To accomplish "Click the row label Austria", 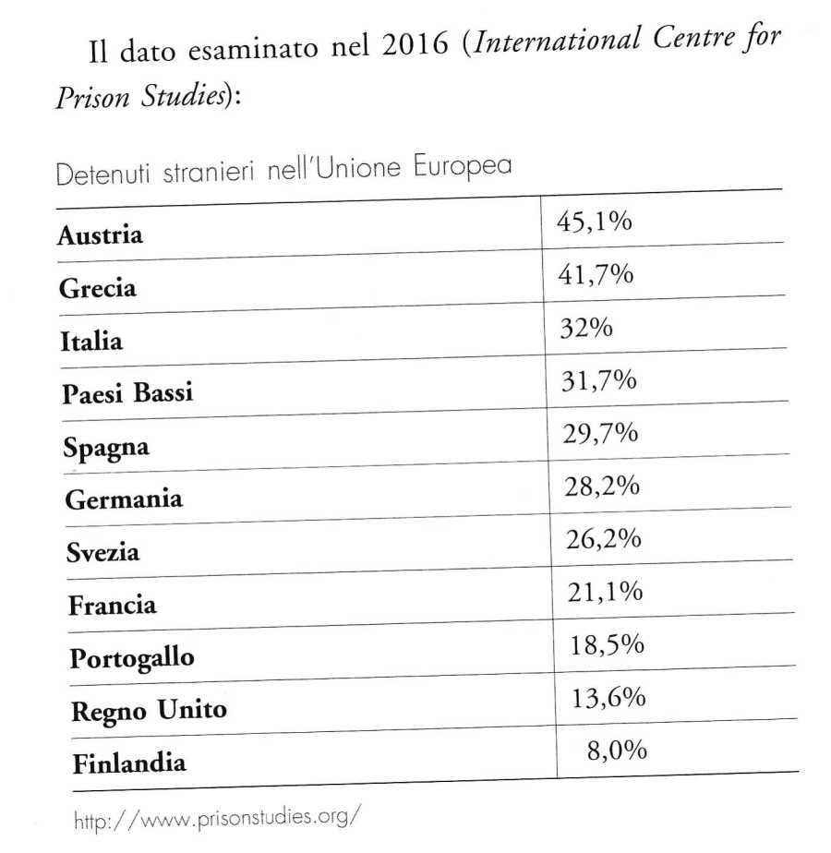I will coord(100,235).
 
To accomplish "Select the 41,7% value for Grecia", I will coord(595,274).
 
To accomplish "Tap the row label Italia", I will coord(90,342).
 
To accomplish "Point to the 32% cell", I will coord(586,328).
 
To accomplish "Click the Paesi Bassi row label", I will coord(127,393).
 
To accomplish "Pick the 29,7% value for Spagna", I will coord(599,434).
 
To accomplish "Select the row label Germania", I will coord(124,499).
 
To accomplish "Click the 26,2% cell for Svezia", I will coord(601,539).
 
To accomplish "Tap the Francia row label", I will coord(112,606).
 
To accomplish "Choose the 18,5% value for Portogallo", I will coord(605,644).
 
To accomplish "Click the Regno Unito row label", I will coord(147,711).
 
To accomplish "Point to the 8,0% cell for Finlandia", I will coord(616,751).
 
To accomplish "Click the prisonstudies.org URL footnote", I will coord(217,817).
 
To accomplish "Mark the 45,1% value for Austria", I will coord(594,222).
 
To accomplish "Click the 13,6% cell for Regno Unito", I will coord(607,698).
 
